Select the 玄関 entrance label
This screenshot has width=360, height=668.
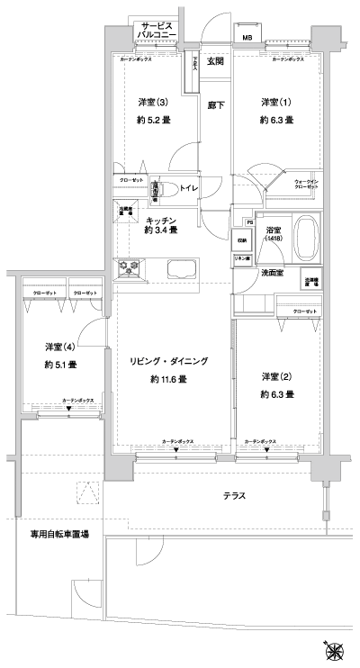pos(215,61)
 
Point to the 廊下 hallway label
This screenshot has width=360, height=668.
pos(215,104)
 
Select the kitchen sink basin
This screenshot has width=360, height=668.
pos(181,268)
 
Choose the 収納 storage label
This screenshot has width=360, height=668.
pos(243,240)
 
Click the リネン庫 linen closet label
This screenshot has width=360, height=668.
pos(243,259)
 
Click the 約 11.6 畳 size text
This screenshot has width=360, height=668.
pos(168,379)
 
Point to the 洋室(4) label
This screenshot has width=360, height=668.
pos(60,347)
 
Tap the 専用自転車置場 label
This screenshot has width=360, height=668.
pos(59,534)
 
